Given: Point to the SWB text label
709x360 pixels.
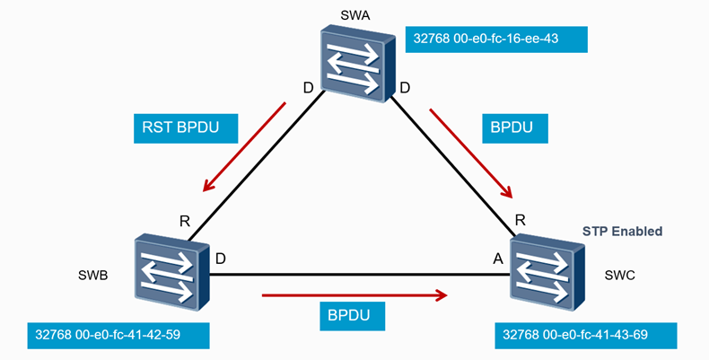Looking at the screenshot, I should pos(92,276).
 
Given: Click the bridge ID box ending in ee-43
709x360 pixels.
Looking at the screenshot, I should pos(495,40).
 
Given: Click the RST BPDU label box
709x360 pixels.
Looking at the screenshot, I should pos(187,127).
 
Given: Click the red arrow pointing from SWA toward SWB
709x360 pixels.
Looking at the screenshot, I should pos(244,147).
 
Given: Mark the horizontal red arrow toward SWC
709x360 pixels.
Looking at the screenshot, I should pos(354,294).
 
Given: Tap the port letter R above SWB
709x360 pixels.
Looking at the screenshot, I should pos(184,221).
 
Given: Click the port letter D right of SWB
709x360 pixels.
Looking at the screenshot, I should pos(221,259).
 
